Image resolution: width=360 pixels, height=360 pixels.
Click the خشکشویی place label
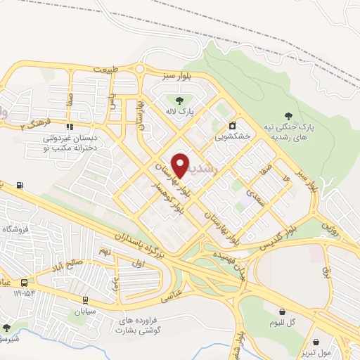tap(233, 136)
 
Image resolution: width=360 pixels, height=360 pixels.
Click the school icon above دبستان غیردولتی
tap(69, 127)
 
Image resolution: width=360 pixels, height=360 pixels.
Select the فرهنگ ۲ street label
tap(32, 125)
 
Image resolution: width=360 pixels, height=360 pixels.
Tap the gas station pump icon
tap(19, 186)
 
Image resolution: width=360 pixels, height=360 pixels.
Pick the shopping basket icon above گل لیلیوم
tap(283, 311)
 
